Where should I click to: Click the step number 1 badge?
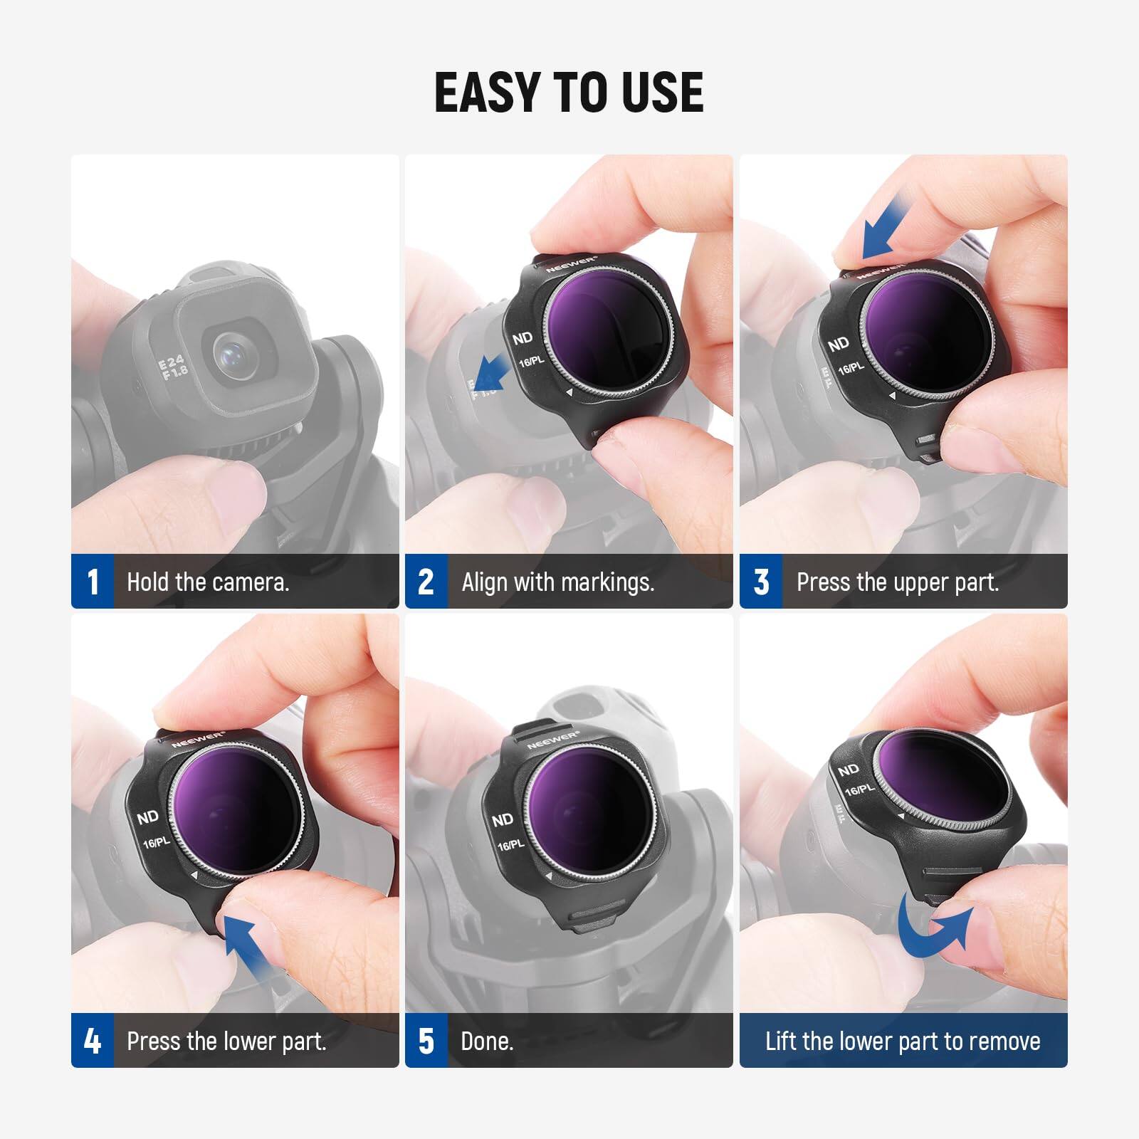tap(93, 582)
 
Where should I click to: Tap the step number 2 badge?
tap(426, 582)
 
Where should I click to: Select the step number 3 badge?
tap(761, 582)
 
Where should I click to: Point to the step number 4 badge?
tap(93, 1041)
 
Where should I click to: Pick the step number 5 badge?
tap(426, 1041)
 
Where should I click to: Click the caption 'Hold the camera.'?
tap(208, 582)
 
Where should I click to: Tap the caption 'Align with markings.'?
tap(557, 582)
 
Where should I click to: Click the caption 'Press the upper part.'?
tap(898, 582)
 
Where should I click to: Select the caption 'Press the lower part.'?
tap(226, 1041)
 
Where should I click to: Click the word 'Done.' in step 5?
tap(487, 1041)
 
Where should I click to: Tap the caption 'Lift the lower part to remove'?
tap(903, 1041)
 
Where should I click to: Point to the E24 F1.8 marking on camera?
tap(173, 368)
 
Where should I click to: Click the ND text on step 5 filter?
tap(502, 820)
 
